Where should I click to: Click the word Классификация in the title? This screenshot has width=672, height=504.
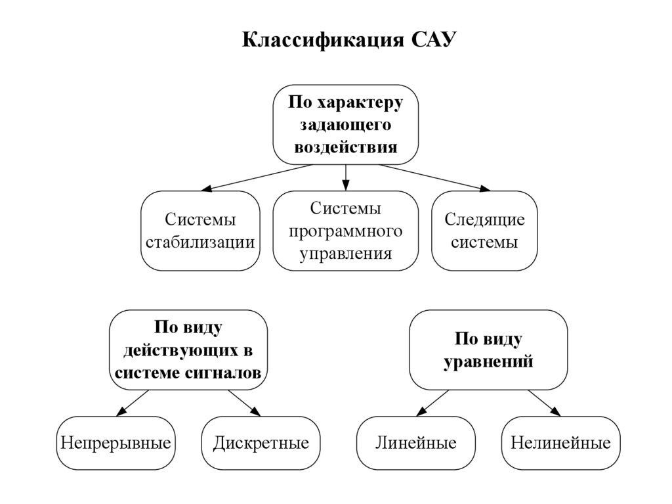(325, 40)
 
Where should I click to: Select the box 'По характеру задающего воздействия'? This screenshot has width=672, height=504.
(346, 124)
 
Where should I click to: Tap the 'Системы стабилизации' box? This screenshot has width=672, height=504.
(200, 231)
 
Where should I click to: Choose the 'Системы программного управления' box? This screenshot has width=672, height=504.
(346, 231)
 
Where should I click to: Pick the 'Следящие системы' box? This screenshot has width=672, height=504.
(485, 231)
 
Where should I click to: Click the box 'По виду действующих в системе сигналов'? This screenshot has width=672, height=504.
(188, 350)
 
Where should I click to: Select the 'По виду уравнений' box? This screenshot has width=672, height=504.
(488, 350)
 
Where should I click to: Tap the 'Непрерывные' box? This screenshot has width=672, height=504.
(115, 442)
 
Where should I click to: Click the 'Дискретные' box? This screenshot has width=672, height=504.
(261, 442)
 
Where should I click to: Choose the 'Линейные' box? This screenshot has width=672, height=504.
(416, 442)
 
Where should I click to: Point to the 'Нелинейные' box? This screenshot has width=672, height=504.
(560, 442)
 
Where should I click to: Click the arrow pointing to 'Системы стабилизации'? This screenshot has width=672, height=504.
(256, 177)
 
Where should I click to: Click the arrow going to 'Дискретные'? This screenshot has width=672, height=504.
(243, 403)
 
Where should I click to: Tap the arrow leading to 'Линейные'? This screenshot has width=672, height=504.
(433, 403)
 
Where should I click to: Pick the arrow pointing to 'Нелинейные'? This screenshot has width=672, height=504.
(543, 403)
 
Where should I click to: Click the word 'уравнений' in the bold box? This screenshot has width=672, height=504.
(488, 361)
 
